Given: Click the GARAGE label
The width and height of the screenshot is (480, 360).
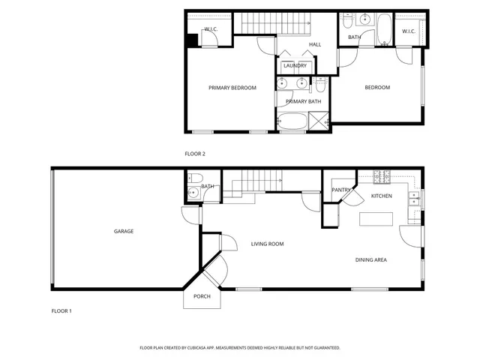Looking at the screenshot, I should (x=124, y=231).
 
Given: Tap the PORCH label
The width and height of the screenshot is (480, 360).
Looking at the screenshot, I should (x=202, y=296).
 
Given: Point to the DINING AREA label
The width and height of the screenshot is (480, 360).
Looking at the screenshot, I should (x=370, y=259).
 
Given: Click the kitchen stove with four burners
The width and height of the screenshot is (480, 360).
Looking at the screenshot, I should (x=382, y=178).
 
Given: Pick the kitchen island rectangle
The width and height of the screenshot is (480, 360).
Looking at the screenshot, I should (x=376, y=219).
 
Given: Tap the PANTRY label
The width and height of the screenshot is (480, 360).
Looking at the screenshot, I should (x=342, y=190).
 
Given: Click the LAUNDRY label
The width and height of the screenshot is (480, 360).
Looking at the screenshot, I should (x=295, y=66).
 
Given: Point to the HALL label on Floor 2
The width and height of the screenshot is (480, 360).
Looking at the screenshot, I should (x=315, y=45).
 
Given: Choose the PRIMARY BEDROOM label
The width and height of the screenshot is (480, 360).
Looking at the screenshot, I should (x=232, y=88).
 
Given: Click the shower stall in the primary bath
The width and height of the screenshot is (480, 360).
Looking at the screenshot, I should (x=319, y=121).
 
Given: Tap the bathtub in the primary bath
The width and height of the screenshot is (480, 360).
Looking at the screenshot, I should (x=292, y=121).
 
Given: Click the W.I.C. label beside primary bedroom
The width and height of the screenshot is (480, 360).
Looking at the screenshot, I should (x=210, y=30).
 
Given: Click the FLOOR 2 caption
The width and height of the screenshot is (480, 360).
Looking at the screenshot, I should (x=195, y=154).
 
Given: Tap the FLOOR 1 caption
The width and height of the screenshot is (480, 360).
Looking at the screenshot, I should (x=61, y=310).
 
